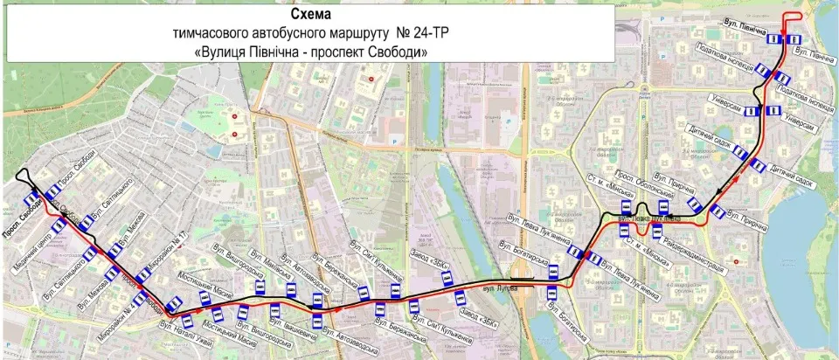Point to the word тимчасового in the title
tap(212, 34)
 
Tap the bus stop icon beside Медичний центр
tap(59, 227)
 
